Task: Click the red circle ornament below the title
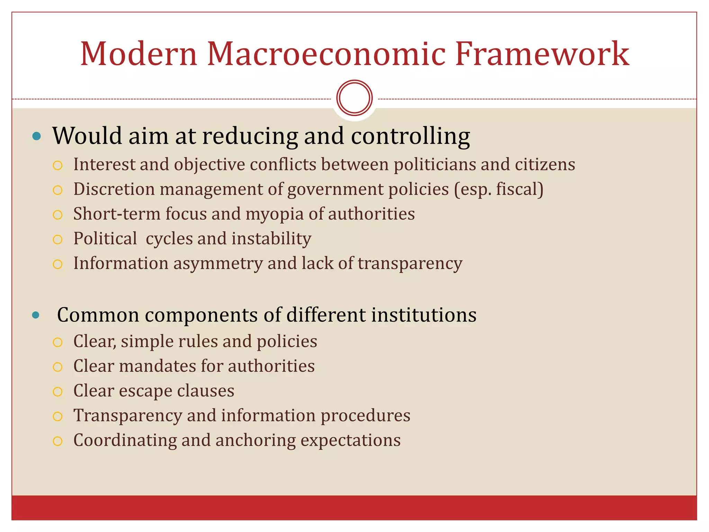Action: pyautogui.click(x=354, y=98)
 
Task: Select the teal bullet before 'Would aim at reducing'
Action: pyautogui.click(x=36, y=136)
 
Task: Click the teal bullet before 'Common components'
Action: pyautogui.click(x=36, y=315)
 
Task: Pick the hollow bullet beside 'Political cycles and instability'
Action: pyautogui.click(x=57, y=240)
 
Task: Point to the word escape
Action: pyautogui.click(x=145, y=391)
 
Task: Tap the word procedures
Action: pyautogui.click(x=365, y=416)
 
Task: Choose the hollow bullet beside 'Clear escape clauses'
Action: pyautogui.click(x=57, y=392)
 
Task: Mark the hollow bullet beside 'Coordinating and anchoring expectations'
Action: pyautogui.click(x=57, y=441)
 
